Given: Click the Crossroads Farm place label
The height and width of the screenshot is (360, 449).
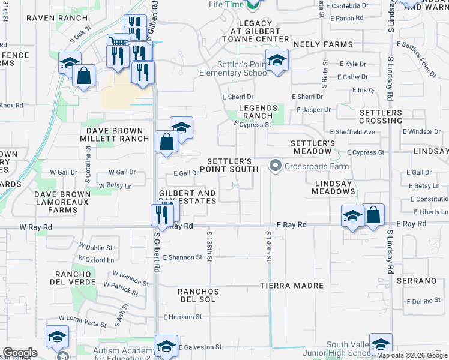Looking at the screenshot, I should (x=309, y=166).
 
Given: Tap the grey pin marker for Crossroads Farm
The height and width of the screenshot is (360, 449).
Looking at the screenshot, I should (x=276, y=165).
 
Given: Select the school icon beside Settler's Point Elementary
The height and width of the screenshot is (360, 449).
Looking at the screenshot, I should (x=277, y=61).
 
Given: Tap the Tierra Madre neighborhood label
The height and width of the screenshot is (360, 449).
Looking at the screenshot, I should (x=292, y=286).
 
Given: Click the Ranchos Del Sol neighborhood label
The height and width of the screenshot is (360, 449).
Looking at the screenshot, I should (x=196, y=295).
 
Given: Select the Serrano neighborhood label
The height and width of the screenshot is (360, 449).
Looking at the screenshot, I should (x=415, y=281).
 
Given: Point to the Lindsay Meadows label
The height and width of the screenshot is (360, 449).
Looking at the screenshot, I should (x=334, y=187).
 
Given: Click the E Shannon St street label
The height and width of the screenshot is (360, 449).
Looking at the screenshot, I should (x=183, y=257).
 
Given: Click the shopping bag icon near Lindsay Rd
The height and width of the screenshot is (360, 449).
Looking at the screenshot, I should (x=373, y=215).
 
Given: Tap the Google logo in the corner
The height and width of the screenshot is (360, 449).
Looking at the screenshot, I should (x=20, y=353).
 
